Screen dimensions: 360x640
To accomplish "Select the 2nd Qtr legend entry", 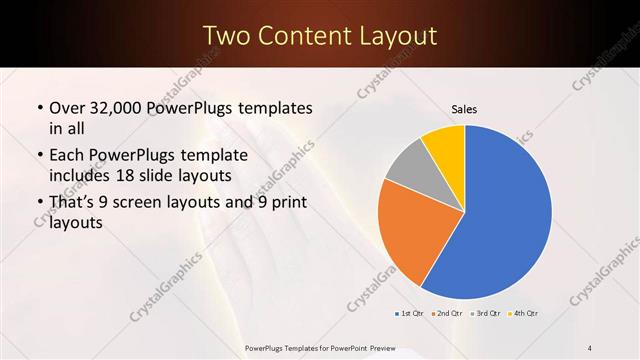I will pyautogui.click(x=449, y=313).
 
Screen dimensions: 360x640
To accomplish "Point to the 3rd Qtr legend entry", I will pyautogui.click(x=487, y=313).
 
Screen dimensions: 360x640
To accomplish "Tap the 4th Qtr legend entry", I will pyautogui.click(x=525, y=313).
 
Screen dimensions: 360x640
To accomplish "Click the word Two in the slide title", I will pyautogui.click(x=226, y=36).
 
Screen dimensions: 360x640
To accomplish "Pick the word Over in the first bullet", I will pyautogui.click(x=67, y=107).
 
